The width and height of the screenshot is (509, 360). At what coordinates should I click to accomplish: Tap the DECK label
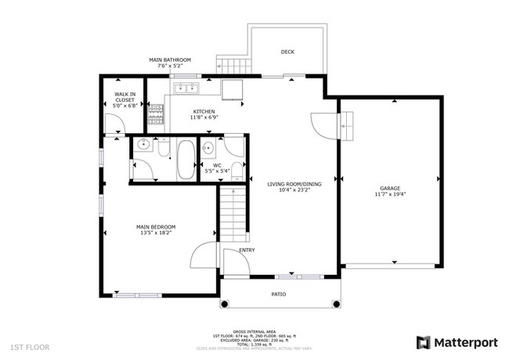pos(287,52)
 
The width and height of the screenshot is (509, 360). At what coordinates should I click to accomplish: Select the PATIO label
pos(278,294)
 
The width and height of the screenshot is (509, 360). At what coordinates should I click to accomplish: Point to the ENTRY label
pos(247,250)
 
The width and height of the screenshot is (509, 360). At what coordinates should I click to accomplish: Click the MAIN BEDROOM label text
pos(157,227)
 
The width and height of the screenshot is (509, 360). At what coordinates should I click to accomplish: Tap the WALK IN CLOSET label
pos(125,99)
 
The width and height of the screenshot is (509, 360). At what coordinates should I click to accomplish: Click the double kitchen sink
pos(187,88)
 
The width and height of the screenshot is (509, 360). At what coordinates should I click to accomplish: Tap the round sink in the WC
pos(209,147)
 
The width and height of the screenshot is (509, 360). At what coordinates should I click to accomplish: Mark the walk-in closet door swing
pos(114,124)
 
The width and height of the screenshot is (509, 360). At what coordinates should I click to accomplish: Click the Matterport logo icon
pos(423,342)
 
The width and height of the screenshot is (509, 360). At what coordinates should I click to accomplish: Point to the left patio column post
pos(222,304)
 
